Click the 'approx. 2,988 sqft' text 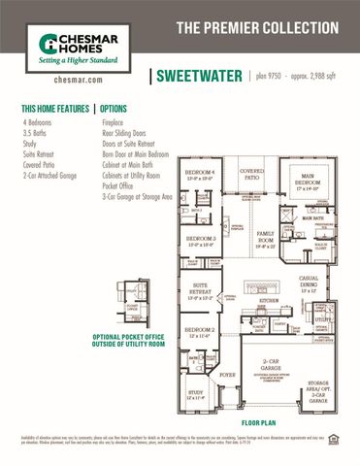pos(319,75)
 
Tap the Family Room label pos(267,235)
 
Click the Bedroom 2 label pos(199,332)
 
